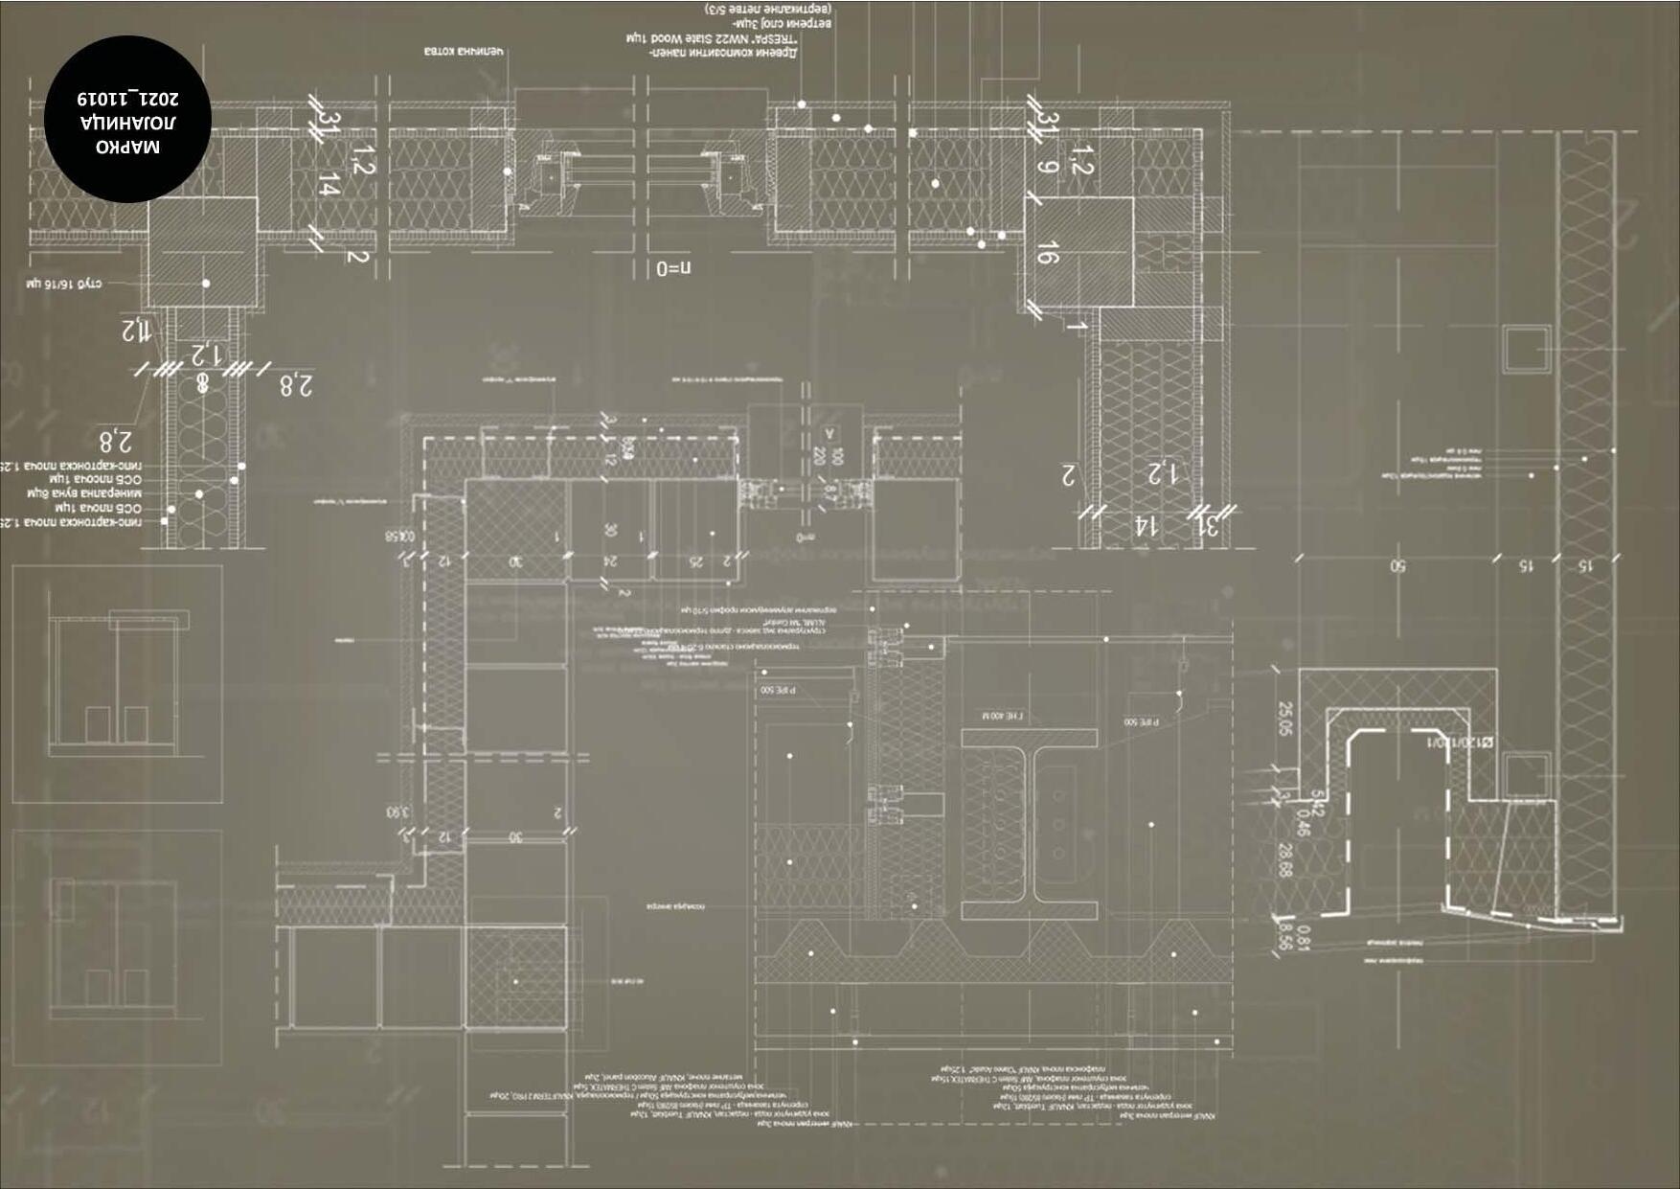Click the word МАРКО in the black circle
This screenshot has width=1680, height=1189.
point(127,147)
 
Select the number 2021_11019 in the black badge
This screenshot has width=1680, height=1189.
point(127,98)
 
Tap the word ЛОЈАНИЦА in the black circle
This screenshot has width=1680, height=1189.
point(127,122)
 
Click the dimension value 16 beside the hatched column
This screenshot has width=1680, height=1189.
point(1047,252)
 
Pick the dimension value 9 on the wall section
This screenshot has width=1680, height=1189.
point(1047,167)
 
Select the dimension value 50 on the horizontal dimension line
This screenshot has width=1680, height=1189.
point(1397,566)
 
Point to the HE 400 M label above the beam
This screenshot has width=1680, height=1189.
point(1002,716)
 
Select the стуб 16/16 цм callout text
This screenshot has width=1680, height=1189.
point(64,284)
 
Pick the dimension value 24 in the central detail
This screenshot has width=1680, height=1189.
point(610,560)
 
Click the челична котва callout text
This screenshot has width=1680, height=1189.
point(464,51)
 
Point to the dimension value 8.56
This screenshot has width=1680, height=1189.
point(1284,936)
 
